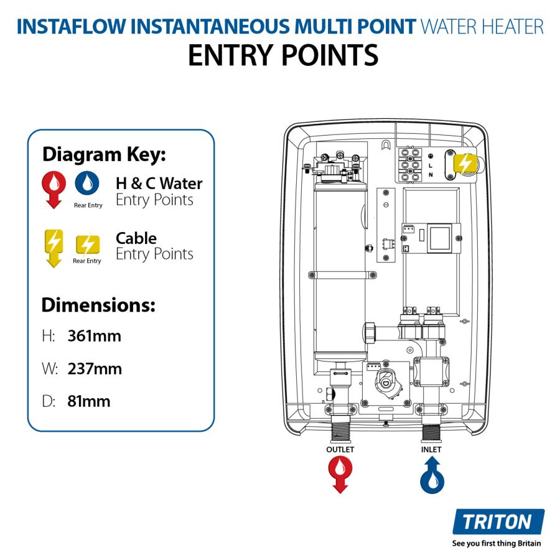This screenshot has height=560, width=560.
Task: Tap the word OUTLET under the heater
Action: pyautogui.click(x=340, y=449)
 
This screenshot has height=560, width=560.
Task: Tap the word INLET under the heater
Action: pyautogui.click(x=431, y=449)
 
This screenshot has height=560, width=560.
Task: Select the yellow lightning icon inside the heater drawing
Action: pyautogui.click(x=465, y=164)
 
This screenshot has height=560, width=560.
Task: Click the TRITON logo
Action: pyautogui.click(x=498, y=521)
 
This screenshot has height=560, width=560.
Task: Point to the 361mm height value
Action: pyautogui.click(x=94, y=337)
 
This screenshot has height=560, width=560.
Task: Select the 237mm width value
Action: pyautogui.click(x=95, y=369)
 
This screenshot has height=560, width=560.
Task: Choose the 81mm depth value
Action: pyautogui.click(x=88, y=401)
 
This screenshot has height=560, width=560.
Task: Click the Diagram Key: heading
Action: pyautogui.click(x=104, y=154)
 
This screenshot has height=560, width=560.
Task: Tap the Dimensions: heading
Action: pyautogui.click(x=98, y=306)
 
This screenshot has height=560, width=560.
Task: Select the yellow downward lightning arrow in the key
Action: pyautogui.click(x=54, y=247)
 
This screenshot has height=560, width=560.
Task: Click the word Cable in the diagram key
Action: pyautogui.click(x=136, y=238)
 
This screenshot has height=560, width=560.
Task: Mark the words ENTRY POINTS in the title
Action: pyautogui.click(x=283, y=55)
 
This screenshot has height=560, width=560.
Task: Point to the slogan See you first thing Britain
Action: pyautogui.click(x=497, y=543)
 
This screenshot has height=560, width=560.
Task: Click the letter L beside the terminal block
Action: pyautogui.click(x=430, y=165)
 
